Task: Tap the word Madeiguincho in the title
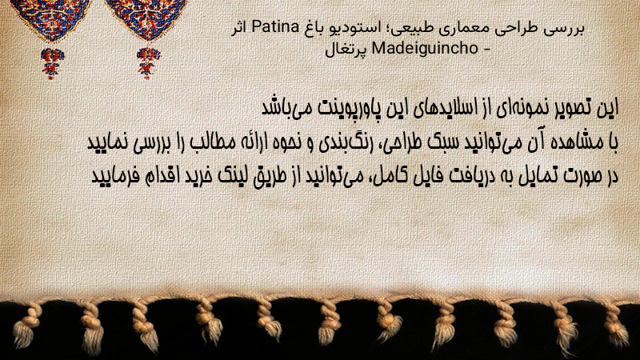tap(425, 49)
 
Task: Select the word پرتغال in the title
tap(346, 50)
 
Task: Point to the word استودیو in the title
tap(348, 28)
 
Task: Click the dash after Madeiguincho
tap(486, 50)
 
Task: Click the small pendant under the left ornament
tap(52, 63)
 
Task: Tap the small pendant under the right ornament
tap(148, 63)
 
